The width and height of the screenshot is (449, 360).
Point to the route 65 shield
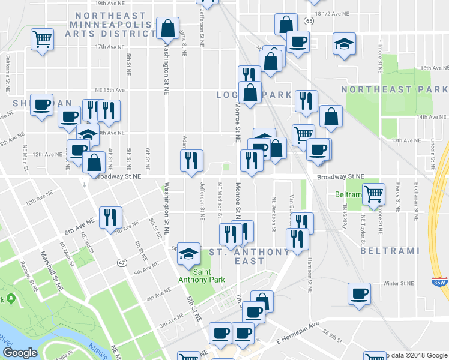click(309, 21)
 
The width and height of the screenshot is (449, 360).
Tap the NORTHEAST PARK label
click(394, 89)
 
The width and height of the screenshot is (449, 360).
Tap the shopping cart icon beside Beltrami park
click(374, 193)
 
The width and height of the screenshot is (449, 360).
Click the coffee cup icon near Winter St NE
click(360, 293)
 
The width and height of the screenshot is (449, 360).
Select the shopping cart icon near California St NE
click(42, 39)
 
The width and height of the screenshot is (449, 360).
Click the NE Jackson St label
click(274, 214)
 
